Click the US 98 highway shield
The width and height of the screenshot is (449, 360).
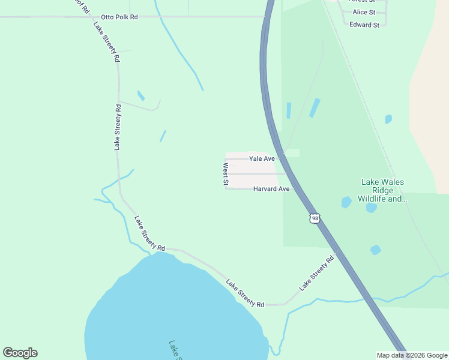tap(315, 218)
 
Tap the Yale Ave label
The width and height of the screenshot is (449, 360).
tap(262, 159)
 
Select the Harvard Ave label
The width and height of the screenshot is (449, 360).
tap(271, 189)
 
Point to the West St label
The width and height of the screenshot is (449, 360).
tap(226, 173)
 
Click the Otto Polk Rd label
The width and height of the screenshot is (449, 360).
tap(119, 17)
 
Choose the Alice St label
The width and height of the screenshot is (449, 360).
tap(364, 12)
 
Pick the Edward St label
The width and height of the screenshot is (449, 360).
tap(364, 25)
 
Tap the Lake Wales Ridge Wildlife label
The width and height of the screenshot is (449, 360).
tap(382, 190)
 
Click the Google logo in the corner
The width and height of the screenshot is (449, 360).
tap(20, 353)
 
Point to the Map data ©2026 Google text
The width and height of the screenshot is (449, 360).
tap(412, 355)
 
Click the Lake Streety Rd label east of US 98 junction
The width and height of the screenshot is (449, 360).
tap(316, 274)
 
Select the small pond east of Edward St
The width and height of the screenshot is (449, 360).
tap(388, 119)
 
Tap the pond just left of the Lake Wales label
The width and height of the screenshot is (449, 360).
tap(346, 202)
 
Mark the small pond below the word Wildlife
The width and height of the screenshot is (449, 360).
tap(372, 208)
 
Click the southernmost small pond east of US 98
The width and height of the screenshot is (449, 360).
tap(375, 250)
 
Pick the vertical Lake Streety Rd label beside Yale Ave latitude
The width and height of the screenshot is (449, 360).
tap(118, 127)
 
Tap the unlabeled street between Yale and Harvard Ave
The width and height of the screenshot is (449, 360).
tap(252, 174)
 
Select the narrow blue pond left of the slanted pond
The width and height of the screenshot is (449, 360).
tap(289, 110)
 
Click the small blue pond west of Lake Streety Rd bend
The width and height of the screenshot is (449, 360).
tap(141, 95)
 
